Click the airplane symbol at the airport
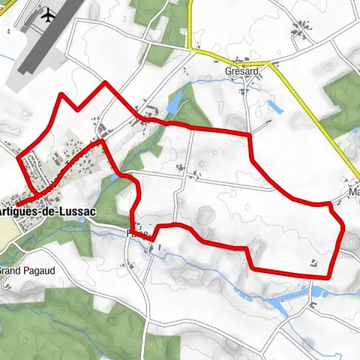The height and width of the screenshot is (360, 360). pos(49,14)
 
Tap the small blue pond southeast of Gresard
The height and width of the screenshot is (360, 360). pos(274,106)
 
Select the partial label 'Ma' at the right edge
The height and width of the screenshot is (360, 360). pos(352,192)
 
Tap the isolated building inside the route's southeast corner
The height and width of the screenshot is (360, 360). pos(313,262)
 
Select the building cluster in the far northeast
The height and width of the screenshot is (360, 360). pos(304,29)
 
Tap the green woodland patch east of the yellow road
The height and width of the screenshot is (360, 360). pos(341,105)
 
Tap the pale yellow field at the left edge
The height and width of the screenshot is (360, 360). pos(4,229)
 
